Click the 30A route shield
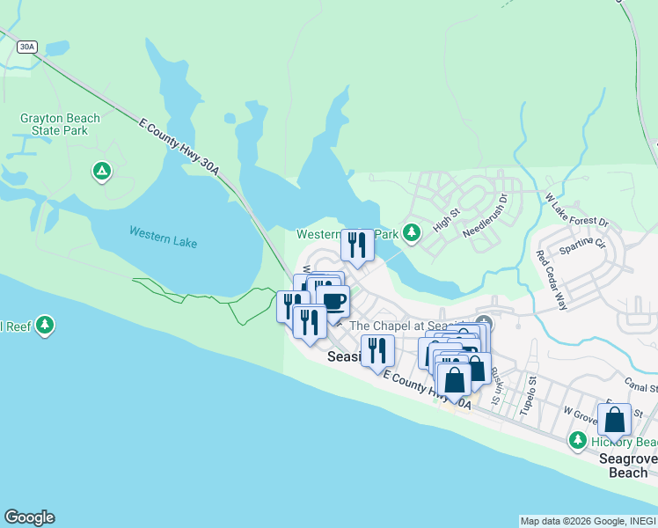click(x=26, y=48)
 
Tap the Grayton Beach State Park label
click(x=60, y=124)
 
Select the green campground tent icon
click(x=102, y=170)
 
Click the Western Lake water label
click(x=163, y=238)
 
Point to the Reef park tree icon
click(x=46, y=326)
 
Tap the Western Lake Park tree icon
click(x=410, y=233)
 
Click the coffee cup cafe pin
click(x=333, y=301)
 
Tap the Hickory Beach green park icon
click(x=578, y=440)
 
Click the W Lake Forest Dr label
click(x=576, y=210)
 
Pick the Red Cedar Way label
click(x=551, y=281)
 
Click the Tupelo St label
click(x=531, y=392)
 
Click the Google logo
click(x=29, y=517)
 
